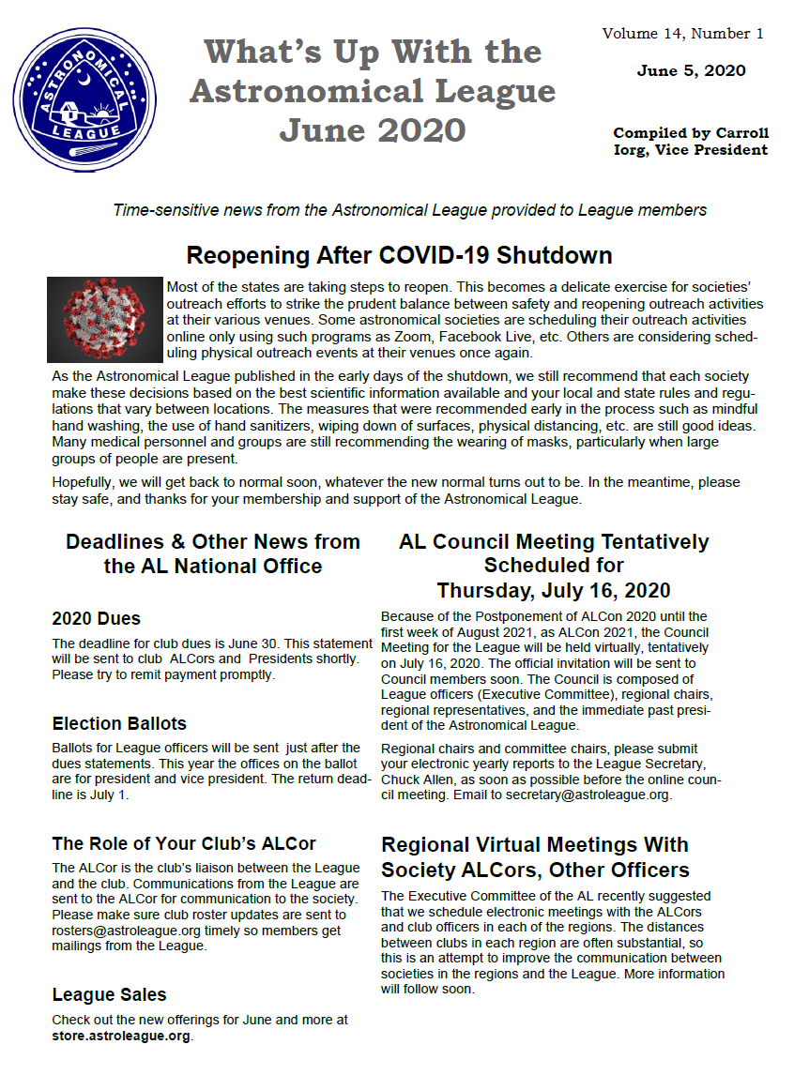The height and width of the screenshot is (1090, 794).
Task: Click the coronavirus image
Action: click(104, 320)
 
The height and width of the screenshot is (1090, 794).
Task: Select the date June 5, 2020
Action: click(691, 71)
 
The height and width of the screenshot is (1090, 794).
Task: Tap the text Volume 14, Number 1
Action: click(683, 34)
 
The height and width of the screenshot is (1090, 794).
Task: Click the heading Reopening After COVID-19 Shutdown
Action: click(399, 255)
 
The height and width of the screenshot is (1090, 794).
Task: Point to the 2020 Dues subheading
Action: click(97, 619)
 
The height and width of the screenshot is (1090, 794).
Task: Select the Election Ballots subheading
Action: click(119, 724)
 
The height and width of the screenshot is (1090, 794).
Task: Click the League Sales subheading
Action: click(109, 995)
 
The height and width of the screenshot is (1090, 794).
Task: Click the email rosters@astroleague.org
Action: click(131, 930)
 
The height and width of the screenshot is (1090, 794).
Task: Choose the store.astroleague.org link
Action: click(121, 1036)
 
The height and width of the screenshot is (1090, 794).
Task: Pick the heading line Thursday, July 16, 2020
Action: click(554, 591)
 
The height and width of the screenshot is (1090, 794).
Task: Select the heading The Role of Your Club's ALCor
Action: click(184, 843)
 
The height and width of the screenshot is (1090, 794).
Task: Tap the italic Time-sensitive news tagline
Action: click(409, 210)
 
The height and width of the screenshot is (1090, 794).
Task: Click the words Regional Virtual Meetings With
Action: click(535, 845)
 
